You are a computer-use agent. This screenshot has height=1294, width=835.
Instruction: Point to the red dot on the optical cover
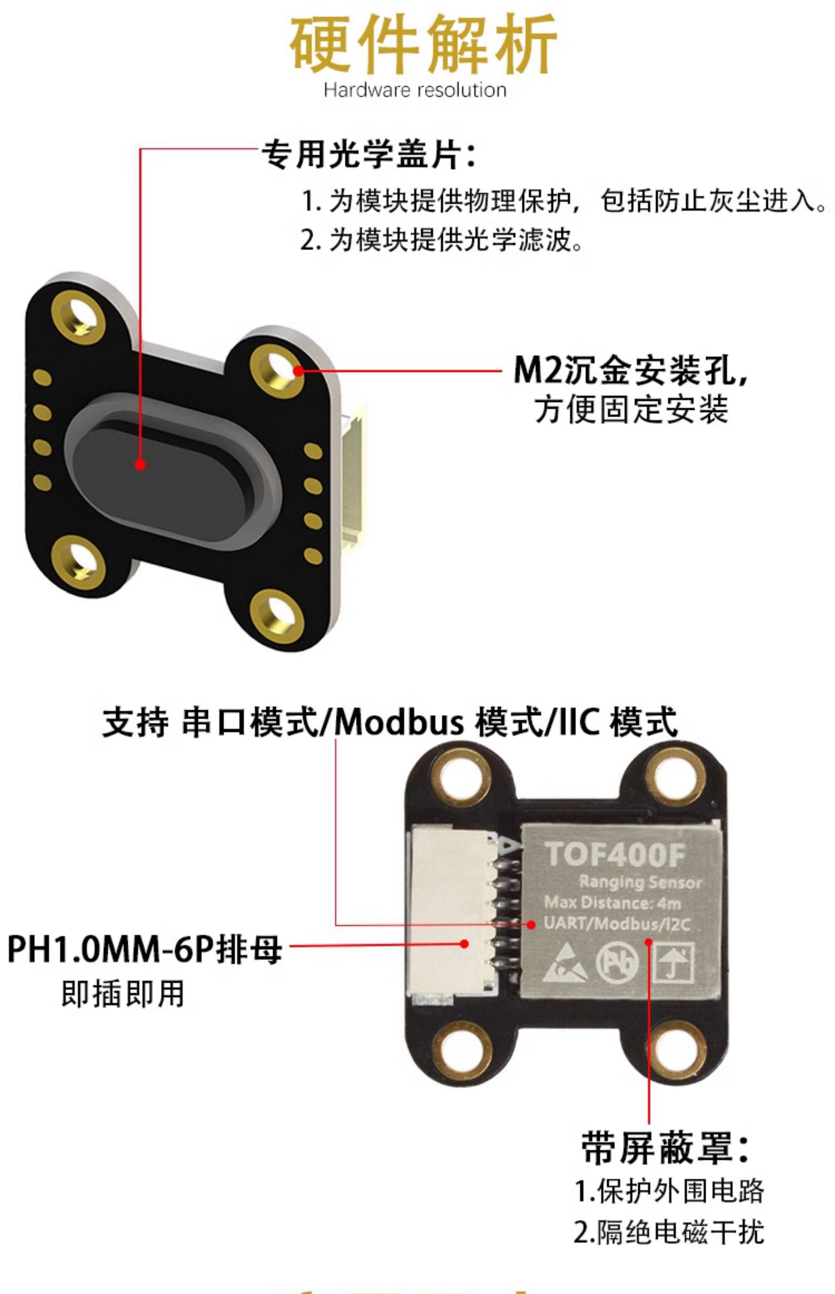(140, 464)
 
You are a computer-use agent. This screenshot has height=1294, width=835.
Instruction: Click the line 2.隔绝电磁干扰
(669, 1231)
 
